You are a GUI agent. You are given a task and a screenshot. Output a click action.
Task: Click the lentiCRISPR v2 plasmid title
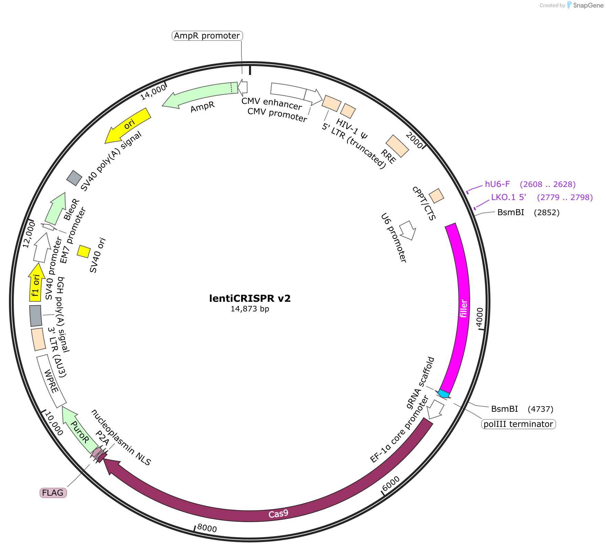250,298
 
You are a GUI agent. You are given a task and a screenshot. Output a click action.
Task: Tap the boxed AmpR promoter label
207,36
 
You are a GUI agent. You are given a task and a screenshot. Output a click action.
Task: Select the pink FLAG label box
53,493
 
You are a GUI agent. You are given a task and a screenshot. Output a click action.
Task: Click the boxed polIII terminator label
518,424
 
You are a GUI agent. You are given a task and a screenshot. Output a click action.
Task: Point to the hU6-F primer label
497,184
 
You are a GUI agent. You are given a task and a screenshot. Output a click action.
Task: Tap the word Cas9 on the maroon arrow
278,514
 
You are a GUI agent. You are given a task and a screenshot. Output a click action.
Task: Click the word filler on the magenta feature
464,308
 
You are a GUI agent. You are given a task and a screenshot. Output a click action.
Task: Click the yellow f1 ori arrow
36,283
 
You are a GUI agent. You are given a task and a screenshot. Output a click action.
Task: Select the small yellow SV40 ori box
84,251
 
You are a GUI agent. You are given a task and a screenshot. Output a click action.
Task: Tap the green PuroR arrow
79,430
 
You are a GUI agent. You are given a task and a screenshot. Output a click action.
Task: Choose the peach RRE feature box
397,146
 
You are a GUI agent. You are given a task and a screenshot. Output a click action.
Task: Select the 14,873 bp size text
250,309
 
